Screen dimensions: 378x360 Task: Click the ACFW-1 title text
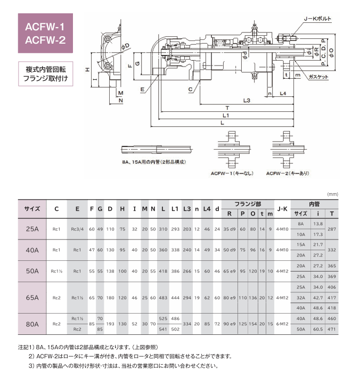45,26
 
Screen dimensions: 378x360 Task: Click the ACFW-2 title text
45,40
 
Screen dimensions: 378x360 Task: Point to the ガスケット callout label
318,77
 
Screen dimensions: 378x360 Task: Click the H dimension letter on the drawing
86,70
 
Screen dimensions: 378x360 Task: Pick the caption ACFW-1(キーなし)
231,173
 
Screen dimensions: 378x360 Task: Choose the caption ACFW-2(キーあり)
287,173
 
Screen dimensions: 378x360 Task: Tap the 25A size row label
32,229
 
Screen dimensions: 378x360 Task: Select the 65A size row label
32,297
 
